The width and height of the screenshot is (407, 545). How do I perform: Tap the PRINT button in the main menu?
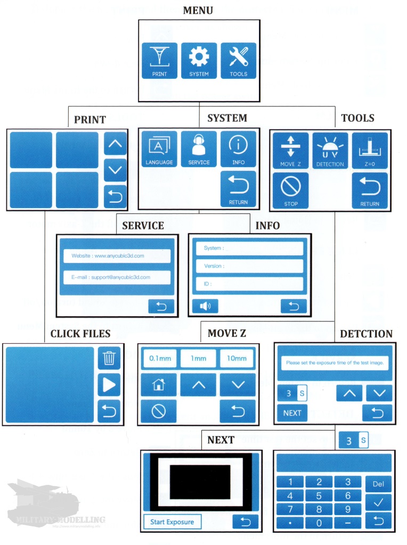click(x=159, y=61)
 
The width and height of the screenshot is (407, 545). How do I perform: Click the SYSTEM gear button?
click(x=199, y=61)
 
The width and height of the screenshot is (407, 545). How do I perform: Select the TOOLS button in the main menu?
click(x=238, y=61)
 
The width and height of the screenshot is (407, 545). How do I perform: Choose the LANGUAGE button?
click(x=159, y=150)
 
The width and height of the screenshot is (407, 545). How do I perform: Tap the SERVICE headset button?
click(x=199, y=150)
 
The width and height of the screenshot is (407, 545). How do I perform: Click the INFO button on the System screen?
click(x=238, y=150)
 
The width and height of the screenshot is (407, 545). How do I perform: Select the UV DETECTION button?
click(x=330, y=151)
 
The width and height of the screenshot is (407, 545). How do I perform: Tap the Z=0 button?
click(x=370, y=151)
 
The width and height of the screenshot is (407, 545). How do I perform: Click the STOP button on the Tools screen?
click(x=291, y=190)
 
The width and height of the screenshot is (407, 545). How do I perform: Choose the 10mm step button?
click(x=237, y=358)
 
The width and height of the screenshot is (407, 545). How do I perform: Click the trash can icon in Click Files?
click(x=109, y=358)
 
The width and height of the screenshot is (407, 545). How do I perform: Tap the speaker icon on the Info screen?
click(x=205, y=305)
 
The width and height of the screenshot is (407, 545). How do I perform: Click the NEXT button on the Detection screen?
click(x=292, y=412)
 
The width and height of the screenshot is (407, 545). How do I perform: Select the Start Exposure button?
click(x=172, y=522)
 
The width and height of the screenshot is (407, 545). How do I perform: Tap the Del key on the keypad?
click(x=378, y=484)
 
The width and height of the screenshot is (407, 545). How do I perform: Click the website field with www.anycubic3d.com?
click(x=115, y=256)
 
